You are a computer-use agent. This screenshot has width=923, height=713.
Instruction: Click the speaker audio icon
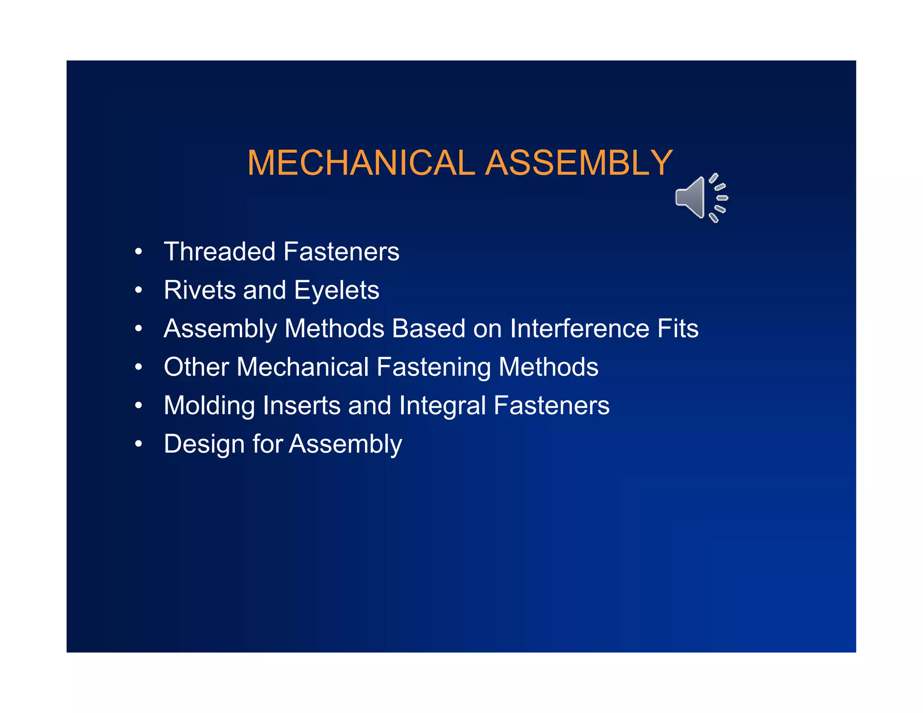coord(700,198)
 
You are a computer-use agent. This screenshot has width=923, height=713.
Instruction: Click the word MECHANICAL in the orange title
coord(361,163)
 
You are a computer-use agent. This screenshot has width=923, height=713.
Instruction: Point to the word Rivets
coord(200,290)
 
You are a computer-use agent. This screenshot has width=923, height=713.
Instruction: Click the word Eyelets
coord(336,291)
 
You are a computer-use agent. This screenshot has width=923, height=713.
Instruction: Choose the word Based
coord(428,328)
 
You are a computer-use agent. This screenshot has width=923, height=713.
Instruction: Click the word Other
coord(196,367)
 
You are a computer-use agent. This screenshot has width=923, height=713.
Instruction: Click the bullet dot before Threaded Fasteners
coord(138,252)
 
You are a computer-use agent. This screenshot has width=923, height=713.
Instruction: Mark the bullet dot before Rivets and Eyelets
coord(138,290)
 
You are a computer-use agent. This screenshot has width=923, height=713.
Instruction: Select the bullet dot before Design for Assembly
coord(138,444)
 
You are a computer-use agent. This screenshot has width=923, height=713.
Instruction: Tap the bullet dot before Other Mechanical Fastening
coord(138,367)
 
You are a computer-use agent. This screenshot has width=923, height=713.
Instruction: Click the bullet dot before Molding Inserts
coord(138,406)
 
